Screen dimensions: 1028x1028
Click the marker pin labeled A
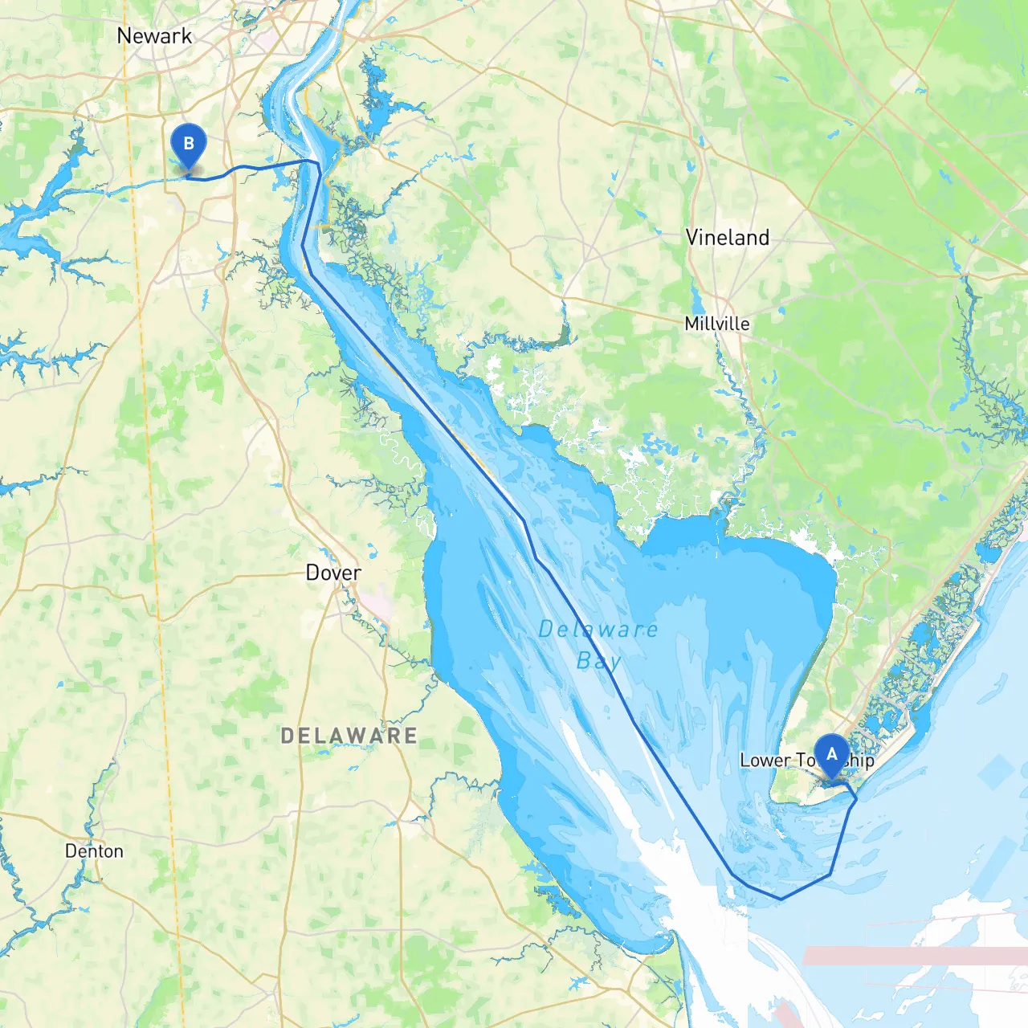(831, 756)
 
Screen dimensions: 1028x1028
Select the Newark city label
(154, 36)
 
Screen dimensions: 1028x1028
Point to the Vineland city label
(727, 238)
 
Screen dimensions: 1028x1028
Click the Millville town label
(717, 324)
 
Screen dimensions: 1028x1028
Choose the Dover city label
(333, 573)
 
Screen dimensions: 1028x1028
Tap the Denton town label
(94, 851)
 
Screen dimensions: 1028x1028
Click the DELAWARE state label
(349, 736)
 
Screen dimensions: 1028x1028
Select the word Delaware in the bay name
(598, 630)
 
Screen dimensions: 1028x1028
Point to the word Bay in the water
(599, 661)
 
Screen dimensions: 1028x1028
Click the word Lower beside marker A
(765, 761)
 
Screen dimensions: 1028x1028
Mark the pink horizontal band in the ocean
(916, 956)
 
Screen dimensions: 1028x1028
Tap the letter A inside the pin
(831, 754)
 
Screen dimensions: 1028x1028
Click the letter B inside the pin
(189, 144)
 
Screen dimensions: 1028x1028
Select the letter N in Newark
(124, 36)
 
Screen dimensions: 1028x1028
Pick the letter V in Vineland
(692, 238)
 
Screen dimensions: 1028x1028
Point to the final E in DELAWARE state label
(410, 736)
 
